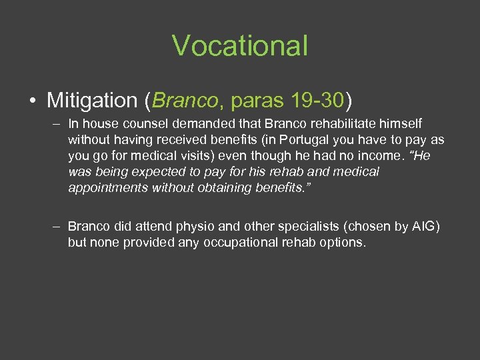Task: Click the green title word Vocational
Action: click(240, 46)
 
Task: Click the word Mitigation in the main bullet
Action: click(92, 101)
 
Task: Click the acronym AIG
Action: click(423, 227)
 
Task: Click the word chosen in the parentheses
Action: click(363, 227)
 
